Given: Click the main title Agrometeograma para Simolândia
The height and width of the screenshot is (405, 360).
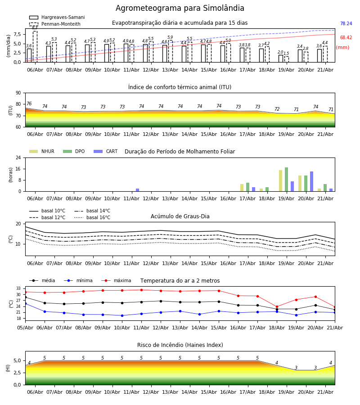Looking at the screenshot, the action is [180, 8].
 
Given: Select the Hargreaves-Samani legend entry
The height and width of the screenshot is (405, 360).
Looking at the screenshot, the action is [57, 17].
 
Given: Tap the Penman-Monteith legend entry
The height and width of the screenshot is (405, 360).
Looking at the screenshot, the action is [55, 24].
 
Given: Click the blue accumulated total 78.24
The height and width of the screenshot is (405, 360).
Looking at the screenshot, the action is [346, 23].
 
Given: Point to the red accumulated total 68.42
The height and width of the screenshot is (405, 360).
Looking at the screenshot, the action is [346, 37].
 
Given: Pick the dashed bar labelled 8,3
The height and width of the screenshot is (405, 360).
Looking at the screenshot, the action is [35, 46].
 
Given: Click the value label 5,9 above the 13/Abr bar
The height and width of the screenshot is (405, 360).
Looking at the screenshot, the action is [170, 37].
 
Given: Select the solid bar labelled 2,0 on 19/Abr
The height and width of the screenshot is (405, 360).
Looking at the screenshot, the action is [281, 58].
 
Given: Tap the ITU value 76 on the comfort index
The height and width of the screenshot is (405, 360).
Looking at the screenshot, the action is [29, 103].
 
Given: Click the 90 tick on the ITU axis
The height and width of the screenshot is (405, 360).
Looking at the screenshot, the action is [18, 93].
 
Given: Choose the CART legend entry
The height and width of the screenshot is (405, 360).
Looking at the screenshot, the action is [105, 151].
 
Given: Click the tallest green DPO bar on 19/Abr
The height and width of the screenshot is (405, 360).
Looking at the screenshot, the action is [286, 180].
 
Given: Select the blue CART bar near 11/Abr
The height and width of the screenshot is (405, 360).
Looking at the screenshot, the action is [137, 190].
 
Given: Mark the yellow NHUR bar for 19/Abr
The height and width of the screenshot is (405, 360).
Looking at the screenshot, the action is [281, 181].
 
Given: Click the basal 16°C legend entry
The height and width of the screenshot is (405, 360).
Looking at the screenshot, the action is [92, 217].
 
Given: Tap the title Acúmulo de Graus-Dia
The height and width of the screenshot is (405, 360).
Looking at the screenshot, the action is [180, 216].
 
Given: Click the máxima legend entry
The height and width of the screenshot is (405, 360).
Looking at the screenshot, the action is [116, 280].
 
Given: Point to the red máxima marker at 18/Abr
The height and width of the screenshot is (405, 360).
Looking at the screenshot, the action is [277, 307].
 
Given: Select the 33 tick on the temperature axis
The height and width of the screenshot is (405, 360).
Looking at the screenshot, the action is [18, 288].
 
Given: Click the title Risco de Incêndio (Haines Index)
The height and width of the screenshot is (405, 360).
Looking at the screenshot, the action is [180, 345].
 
